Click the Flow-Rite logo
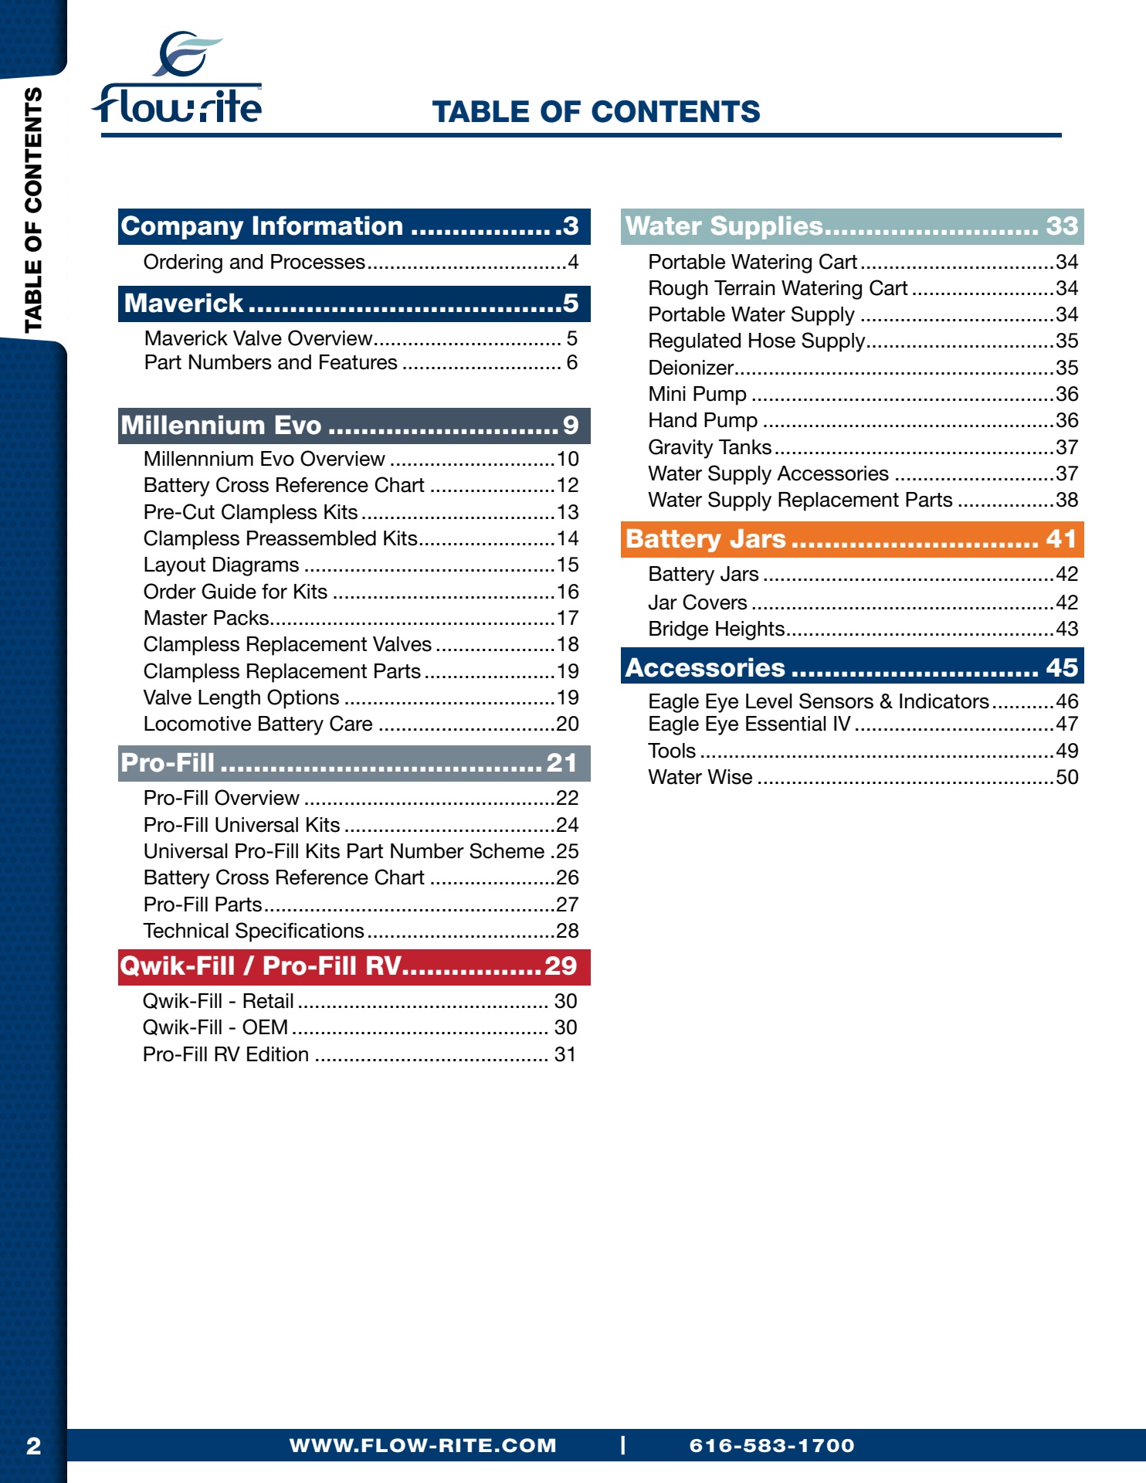[178, 78]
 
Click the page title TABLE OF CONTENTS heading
[596, 112]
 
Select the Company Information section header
[354, 226]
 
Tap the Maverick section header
[354, 304]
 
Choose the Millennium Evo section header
[354, 426]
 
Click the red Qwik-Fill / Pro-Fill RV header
[354, 967]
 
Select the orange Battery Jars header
[852, 539]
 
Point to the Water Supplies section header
[852, 226]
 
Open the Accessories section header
[852, 667]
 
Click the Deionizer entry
[863, 368]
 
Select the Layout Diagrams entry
[361, 565]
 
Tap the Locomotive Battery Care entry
[361, 724]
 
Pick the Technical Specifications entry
[361, 931]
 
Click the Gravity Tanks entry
[863, 447]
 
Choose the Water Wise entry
[863, 777]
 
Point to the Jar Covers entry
[863, 602]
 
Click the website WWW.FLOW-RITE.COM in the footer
[423, 1446]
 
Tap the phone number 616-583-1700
[772, 1446]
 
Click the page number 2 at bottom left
[33, 1446]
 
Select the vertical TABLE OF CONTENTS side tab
[33, 210]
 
